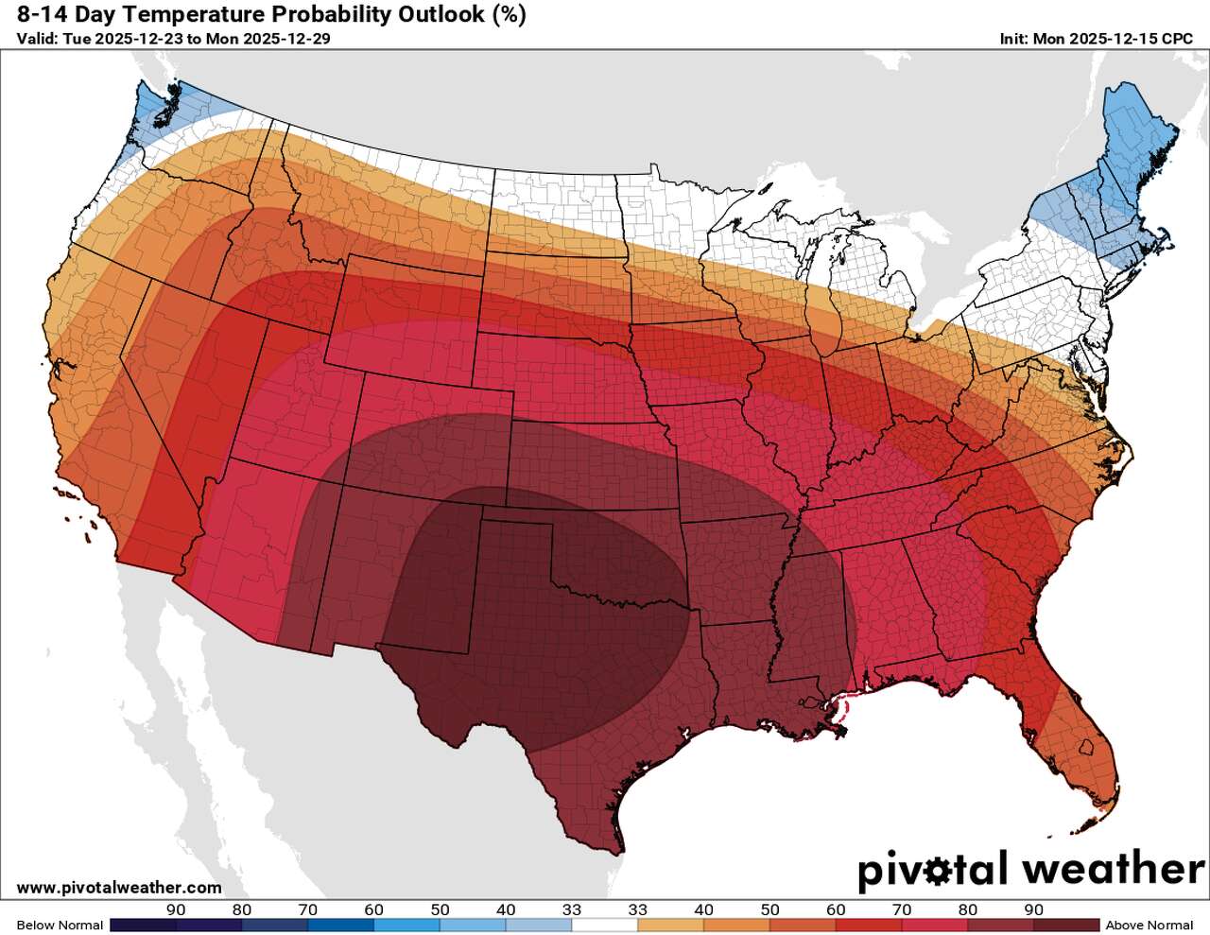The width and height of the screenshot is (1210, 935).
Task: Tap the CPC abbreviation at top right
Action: tap(1177, 39)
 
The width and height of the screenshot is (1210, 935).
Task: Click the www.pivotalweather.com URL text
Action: tap(119, 888)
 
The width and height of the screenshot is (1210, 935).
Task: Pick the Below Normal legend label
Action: tap(60, 925)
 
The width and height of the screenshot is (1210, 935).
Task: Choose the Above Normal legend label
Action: tap(1149, 925)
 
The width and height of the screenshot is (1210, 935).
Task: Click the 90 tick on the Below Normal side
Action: tap(176, 909)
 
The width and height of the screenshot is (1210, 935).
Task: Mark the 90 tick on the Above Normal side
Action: tap(1033, 909)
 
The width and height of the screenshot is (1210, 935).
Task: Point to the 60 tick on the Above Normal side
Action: tap(836, 909)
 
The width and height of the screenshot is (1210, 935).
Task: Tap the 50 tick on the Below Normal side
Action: tap(440, 909)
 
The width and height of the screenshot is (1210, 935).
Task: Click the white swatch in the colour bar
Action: tap(605, 925)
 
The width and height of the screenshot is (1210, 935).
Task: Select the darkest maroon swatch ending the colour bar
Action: tap(1066, 925)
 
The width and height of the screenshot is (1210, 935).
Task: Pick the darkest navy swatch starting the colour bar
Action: tap(143, 925)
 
